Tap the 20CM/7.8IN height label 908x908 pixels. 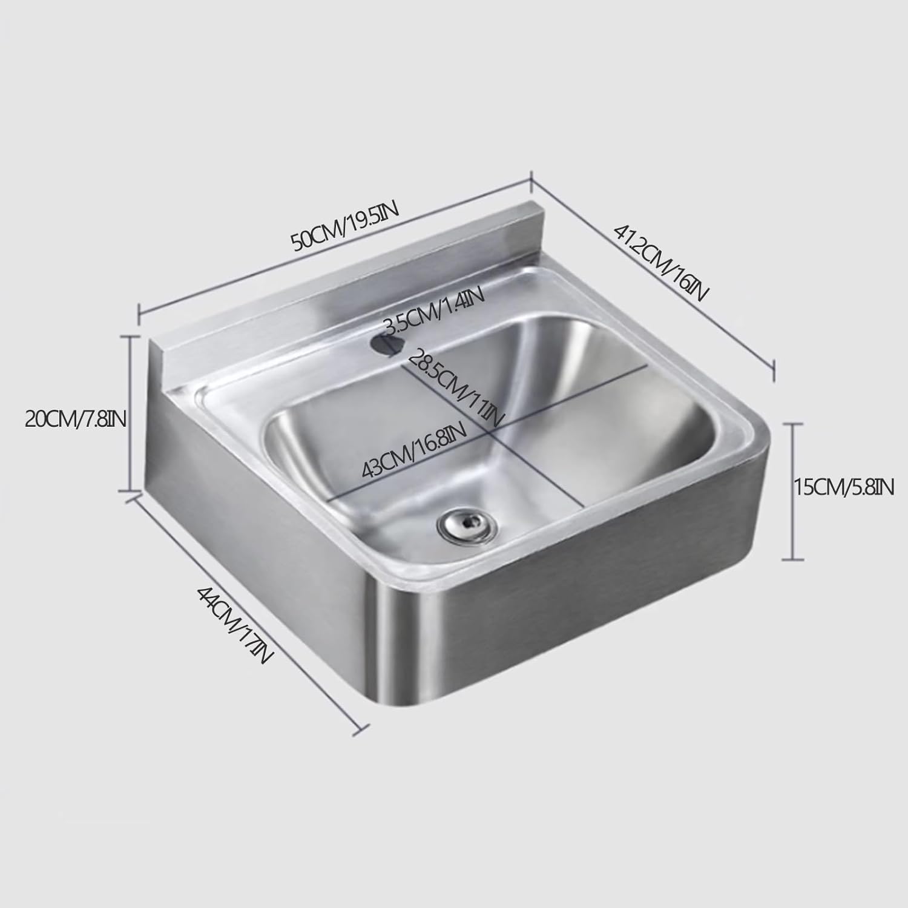(75, 418)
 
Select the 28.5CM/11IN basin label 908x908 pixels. (455, 387)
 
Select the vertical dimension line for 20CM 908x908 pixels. (129, 414)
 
